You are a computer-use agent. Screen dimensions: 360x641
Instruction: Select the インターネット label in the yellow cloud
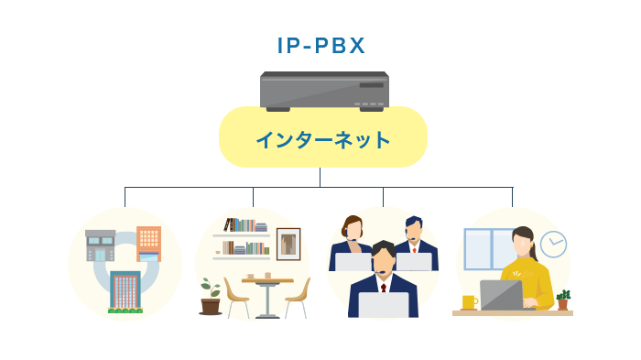322,140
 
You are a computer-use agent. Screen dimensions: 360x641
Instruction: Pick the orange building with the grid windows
149,244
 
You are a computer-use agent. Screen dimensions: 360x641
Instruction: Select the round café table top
268,280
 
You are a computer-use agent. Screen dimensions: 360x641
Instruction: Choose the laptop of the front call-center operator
383,305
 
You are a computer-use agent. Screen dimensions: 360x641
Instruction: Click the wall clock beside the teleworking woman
553,245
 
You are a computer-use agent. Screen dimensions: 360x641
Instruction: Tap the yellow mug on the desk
469,301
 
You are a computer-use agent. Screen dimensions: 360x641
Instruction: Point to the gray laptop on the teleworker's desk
503,295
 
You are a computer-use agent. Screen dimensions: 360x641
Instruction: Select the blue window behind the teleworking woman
485,248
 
